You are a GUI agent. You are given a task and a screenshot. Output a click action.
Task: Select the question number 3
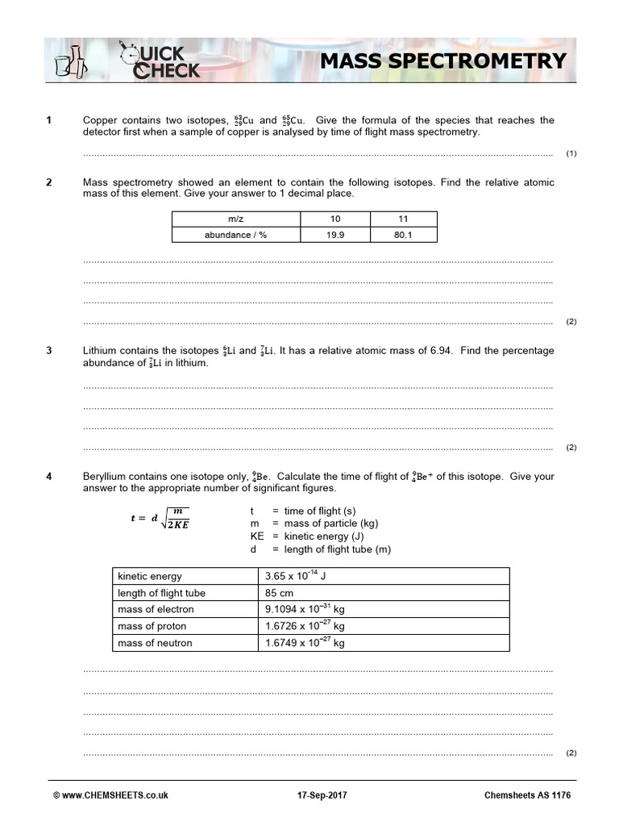pyautogui.click(x=49, y=351)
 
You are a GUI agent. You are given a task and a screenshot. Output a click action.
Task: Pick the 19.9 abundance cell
pyautogui.click(x=334, y=235)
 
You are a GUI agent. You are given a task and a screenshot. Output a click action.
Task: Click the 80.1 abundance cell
pyautogui.click(x=403, y=235)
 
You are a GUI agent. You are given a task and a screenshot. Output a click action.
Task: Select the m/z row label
pyautogui.click(x=235, y=219)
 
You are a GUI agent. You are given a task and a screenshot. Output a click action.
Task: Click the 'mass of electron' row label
pyautogui.click(x=156, y=609)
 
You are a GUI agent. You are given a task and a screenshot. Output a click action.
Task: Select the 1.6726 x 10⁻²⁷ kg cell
pyautogui.click(x=305, y=626)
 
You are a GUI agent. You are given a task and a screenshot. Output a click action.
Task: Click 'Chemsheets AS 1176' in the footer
pyautogui.click(x=527, y=795)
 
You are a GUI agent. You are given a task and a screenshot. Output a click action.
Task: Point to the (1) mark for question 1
pyautogui.click(x=571, y=153)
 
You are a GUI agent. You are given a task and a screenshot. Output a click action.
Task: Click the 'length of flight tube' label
pyautogui.click(x=161, y=593)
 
